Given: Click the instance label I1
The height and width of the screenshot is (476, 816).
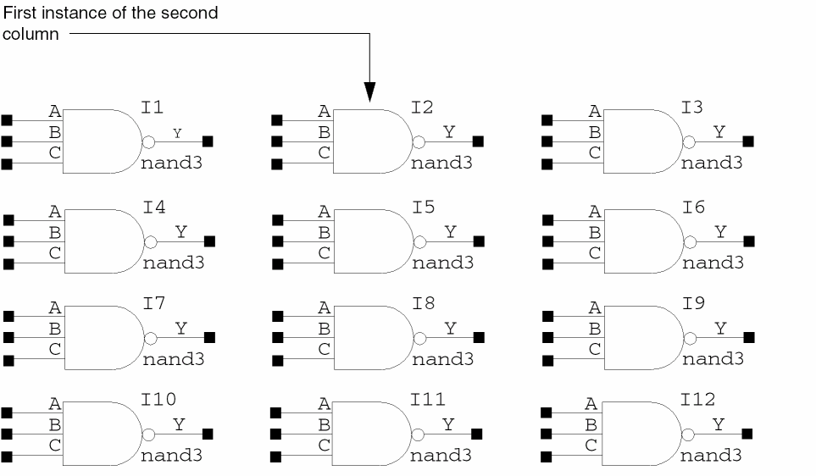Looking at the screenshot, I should [x=153, y=107].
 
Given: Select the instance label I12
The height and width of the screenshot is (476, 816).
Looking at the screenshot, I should [x=697, y=399].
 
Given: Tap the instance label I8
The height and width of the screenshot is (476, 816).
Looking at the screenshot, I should [x=423, y=302].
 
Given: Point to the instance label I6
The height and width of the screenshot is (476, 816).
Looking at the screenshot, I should [x=692, y=207].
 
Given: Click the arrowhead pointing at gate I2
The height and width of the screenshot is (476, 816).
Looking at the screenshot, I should [x=369, y=92].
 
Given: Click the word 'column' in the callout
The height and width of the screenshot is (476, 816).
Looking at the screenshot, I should [x=30, y=35].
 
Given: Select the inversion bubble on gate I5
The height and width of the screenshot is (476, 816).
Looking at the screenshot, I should [x=419, y=241].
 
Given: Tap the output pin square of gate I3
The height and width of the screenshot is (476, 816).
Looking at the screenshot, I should [x=747, y=141].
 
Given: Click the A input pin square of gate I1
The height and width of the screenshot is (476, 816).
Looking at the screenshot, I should [x=8, y=119].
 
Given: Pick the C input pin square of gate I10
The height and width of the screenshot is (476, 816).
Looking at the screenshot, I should [x=8, y=457].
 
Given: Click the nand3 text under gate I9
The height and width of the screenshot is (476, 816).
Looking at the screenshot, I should [x=713, y=358].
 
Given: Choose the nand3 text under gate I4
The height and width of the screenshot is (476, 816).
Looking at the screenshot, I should [x=174, y=263].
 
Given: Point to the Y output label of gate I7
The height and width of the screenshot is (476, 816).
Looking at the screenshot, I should [x=181, y=328].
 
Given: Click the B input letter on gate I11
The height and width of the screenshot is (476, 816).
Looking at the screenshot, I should [x=324, y=424].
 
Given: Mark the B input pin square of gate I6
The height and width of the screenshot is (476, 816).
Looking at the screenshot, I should [x=547, y=242].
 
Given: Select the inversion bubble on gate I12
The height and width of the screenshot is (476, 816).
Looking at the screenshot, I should [x=688, y=434].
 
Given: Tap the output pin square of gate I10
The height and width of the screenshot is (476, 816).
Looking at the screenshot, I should [x=208, y=434].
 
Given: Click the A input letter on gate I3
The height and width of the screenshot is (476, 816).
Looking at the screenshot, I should [x=594, y=111].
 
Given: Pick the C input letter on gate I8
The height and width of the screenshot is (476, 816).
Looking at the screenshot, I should [x=325, y=348].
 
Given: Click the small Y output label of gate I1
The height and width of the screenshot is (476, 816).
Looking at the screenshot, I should [x=176, y=133].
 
